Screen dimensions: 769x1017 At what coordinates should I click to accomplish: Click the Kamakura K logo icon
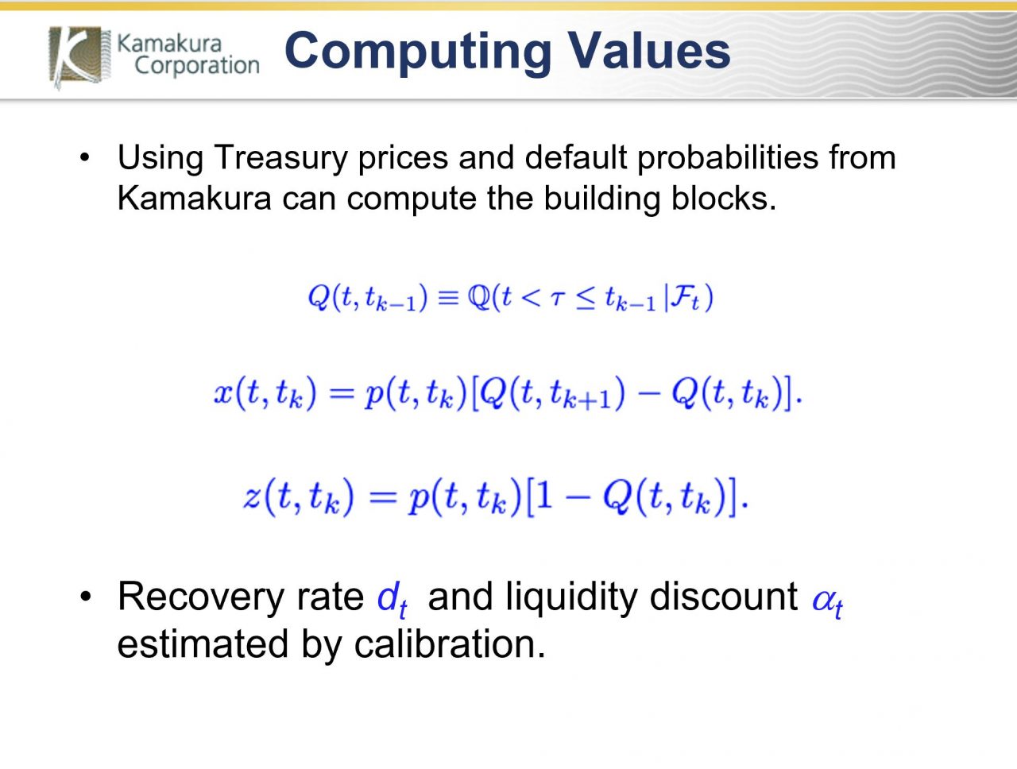click(x=76, y=56)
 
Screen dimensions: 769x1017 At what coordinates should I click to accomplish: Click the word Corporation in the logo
click(x=197, y=65)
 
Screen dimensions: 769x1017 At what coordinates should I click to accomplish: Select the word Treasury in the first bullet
click(x=280, y=158)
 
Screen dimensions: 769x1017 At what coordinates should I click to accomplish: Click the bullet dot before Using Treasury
click(x=85, y=158)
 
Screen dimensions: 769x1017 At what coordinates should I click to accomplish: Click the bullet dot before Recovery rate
click(x=85, y=597)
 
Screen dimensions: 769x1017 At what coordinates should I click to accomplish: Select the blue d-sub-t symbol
click(x=392, y=599)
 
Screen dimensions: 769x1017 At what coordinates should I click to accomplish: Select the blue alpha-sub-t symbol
click(x=827, y=601)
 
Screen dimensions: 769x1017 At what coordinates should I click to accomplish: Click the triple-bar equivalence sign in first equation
click(x=448, y=299)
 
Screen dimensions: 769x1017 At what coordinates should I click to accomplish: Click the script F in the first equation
click(x=682, y=298)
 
